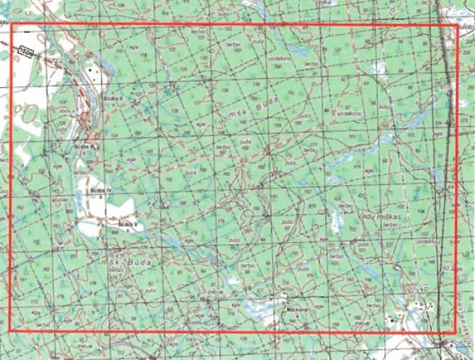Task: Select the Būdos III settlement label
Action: point(87,146)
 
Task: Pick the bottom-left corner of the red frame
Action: point(10,330)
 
